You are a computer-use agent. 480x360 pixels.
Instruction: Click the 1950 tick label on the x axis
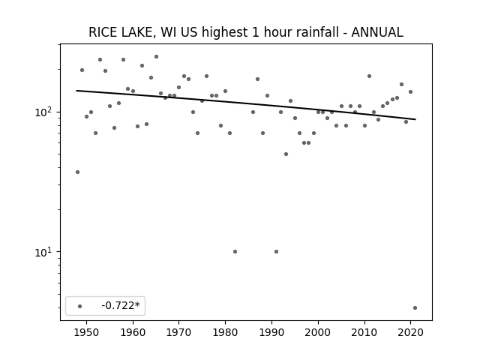click(87, 332)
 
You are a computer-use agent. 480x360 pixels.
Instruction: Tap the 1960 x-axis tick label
click(133, 332)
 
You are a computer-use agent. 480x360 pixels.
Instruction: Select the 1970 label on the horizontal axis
click(179, 332)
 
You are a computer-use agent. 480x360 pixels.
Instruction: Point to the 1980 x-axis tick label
click(225, 332)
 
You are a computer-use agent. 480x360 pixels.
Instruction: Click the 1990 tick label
click(271, 332)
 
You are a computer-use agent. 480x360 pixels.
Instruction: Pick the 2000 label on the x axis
click(318, 332)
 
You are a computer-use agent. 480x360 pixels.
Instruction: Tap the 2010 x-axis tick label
click(364, 332)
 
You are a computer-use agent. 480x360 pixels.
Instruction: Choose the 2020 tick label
click(411, 332)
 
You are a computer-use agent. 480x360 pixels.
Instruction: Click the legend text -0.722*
click(121, 305)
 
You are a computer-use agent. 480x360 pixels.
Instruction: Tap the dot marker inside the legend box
click(80, 306)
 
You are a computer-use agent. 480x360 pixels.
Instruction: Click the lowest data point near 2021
click(415, 308)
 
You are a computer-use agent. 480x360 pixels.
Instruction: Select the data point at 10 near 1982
click(235, 252)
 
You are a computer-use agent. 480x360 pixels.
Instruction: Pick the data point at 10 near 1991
click(277, 252)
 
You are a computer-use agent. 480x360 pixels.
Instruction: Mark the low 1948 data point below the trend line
click(77, 172)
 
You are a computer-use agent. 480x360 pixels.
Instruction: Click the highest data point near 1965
click(157, 57)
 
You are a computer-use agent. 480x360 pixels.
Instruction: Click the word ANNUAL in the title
click(377, 32)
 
